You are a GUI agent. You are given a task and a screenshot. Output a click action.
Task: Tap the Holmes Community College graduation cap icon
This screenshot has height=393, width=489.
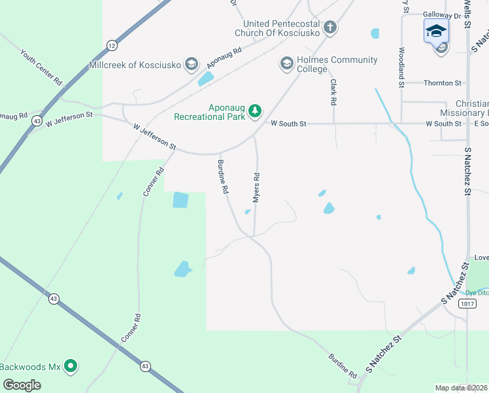click(286, 64)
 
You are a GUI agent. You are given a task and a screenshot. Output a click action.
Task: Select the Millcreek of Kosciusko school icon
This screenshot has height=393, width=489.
click(192, 64)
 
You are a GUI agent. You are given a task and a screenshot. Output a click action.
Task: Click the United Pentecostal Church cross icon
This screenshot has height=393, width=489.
click(331, 28)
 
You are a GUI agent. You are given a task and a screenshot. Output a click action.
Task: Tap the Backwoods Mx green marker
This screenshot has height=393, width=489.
click(71, 366)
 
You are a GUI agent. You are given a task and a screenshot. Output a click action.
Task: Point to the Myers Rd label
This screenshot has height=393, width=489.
click(257, 187)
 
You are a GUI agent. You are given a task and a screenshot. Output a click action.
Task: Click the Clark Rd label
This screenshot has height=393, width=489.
click(333, 92)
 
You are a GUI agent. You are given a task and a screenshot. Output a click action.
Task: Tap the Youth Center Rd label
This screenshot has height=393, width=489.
click(41, 67)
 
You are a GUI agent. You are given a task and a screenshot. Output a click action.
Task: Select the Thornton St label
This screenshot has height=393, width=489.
click(443, 83)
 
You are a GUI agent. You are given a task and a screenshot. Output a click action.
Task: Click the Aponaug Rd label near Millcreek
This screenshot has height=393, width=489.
click(224, 58)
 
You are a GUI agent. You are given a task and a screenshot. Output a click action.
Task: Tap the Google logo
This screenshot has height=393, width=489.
click(22, 385)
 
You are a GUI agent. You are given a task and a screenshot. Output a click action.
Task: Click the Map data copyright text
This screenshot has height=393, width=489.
click(461, 388)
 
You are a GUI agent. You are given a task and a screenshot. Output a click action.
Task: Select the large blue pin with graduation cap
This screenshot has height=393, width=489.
click(436, 30)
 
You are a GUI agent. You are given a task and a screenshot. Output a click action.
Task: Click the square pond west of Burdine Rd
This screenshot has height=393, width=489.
click(180, 200)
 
